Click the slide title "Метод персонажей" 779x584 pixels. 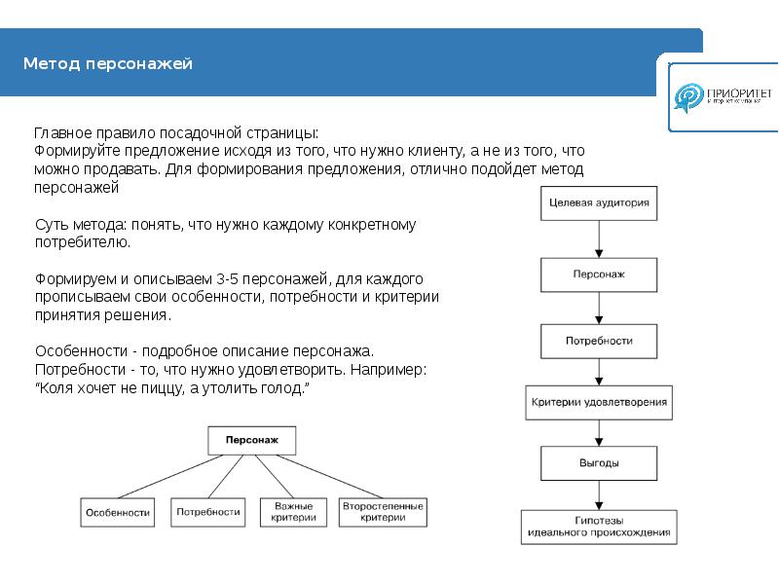click(108, 64)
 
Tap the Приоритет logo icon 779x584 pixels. click(690, 96)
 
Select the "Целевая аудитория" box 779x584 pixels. click(599, 205)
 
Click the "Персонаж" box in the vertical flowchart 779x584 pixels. click(599, 274)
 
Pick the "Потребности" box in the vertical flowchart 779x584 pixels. click(599, 341)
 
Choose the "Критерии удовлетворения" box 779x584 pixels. click(599, 400)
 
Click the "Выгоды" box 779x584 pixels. click(599, 463)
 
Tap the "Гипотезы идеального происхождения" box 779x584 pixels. click(599, 527)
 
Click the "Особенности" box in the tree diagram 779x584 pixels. click(117, 512)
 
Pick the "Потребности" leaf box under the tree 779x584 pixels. click(207, 512)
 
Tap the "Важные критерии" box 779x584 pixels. click(293, 512)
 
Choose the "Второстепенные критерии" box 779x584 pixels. click(383, 512)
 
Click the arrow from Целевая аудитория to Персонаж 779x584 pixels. click(599, 239)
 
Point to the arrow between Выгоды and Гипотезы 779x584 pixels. click(599, 495)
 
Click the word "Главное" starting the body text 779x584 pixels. click(63, 132)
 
